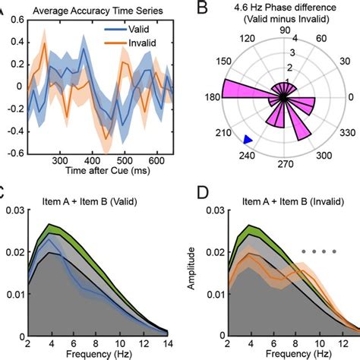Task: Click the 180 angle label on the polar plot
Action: (213, 97)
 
